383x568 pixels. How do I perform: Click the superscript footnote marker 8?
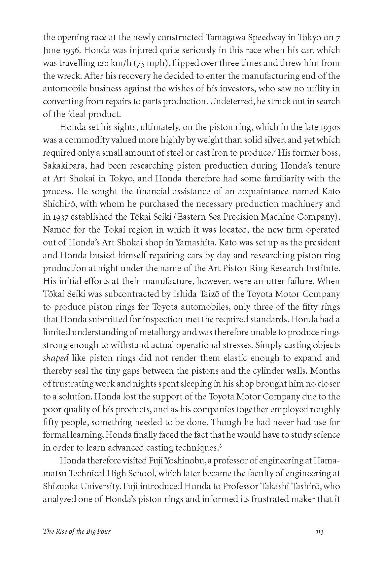pyautogui.click(x=220, y=446)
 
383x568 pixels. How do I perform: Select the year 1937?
pyautogui.click(x=60, y=217)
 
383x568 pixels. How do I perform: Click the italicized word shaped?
pyautogui.click(x=55, y=358)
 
